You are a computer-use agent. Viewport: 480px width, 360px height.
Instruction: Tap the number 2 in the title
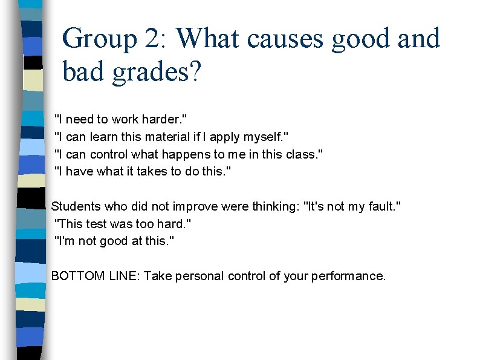tap(152, 38)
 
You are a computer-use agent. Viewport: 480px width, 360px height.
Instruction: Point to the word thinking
tap(272, 206)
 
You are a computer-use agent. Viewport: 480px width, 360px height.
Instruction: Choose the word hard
tap(175, 224)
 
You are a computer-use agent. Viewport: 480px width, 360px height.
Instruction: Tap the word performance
tap(349, 277)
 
